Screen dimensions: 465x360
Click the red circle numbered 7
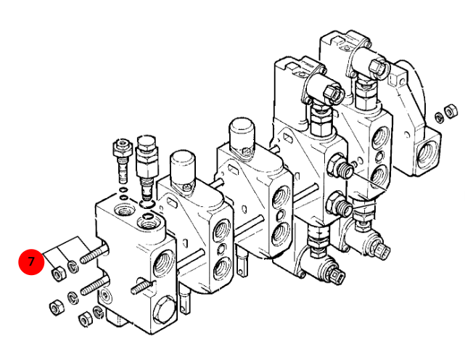click(31, 262)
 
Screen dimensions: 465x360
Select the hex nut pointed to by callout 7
click(58, 273)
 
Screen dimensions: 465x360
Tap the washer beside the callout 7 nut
click(72, 266)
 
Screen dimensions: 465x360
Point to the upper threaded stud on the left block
click(94, 255)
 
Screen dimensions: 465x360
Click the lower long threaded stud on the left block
click(95, 285)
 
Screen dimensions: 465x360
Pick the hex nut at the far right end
click(450, 111)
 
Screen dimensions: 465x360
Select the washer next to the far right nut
click(439, 117)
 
